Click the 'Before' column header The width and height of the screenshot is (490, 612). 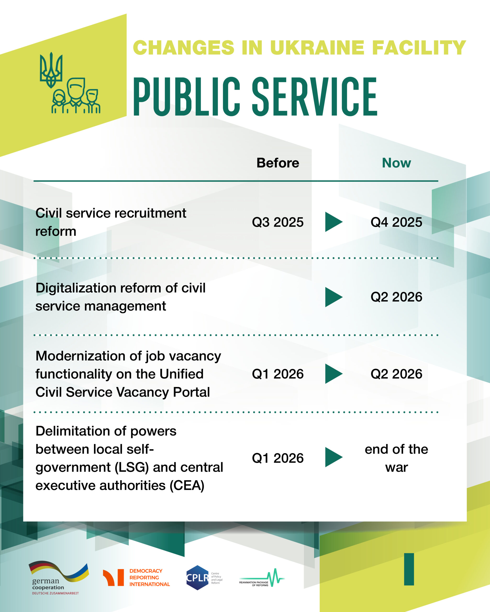pos(278,163)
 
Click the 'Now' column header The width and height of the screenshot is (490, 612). pos(396,163)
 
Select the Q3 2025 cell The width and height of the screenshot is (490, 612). pos(278,222)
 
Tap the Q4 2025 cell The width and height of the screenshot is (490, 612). pos(396,222)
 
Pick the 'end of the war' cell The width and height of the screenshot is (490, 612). pos(396,458)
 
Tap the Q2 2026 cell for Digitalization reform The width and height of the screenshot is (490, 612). pos(396,297)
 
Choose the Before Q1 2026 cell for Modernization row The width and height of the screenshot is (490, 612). pos(278,374)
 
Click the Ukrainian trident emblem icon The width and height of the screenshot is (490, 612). pos(51,70)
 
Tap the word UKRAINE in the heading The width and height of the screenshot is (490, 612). pos(317,47)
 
